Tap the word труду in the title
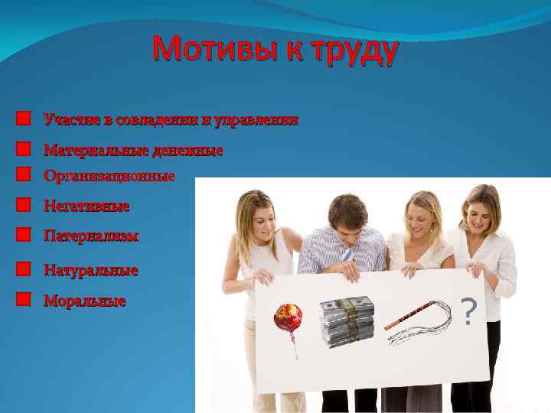(356, 52)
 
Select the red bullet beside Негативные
(24, 206)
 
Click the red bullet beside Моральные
(24, 300)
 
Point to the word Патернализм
(91, 236)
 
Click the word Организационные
(109, 176)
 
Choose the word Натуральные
(90, 270)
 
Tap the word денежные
(188, 150)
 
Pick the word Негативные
(86, 206)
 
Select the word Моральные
(84, 301)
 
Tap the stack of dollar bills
(347, 321)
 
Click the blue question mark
(469, 311)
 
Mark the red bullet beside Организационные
(24, 175)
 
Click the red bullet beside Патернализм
(24, 236)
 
